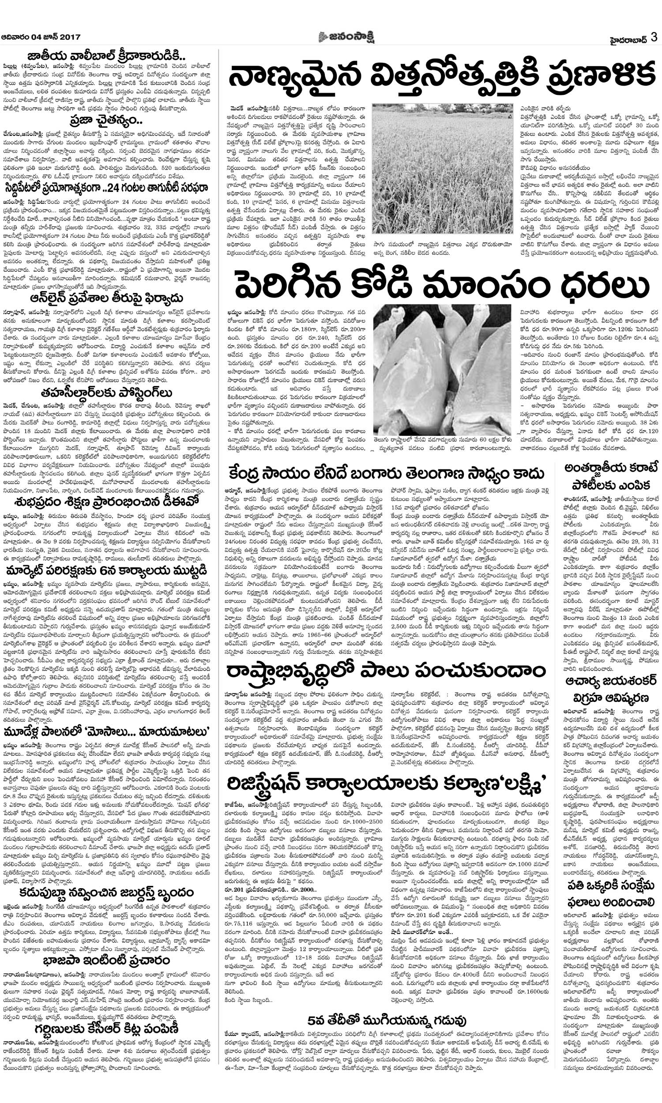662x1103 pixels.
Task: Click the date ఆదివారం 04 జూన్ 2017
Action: point(41,38)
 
